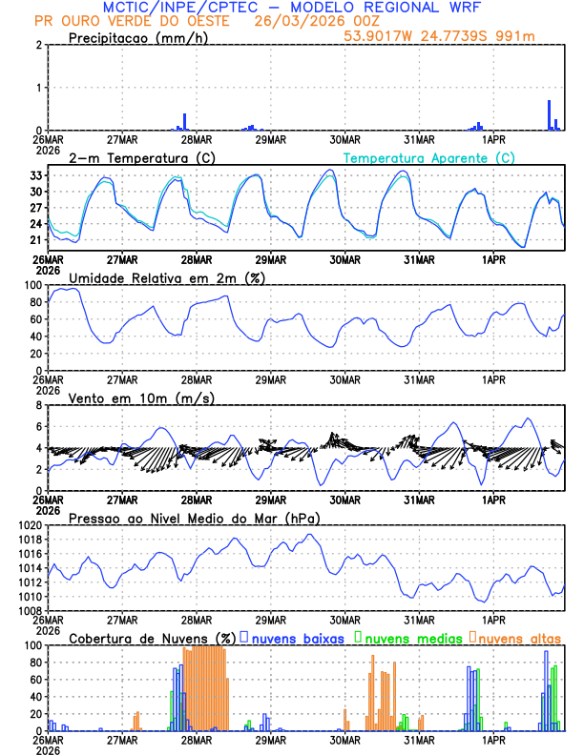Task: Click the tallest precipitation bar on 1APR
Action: click(x=549, y=114)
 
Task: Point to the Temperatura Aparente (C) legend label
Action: click(x=428, y=157)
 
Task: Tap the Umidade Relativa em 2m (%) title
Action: click(x=167, y=277)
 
